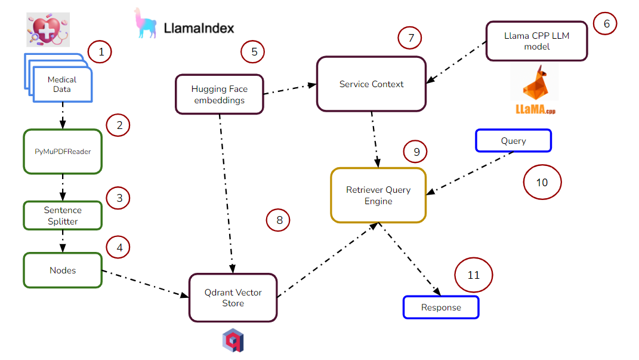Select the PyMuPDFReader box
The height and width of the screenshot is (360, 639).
tap(62, 152)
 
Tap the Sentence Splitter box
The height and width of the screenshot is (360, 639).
tap(62, 216)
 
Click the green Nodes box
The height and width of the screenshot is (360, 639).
tap(62, 270)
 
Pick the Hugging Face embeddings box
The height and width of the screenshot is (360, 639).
tap(219, 94)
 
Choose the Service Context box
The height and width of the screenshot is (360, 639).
tap(371, 84)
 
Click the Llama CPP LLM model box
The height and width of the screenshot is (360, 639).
tap(536, 41)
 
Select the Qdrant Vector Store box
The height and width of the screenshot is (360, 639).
tap(233, 297)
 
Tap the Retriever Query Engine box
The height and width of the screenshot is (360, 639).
tap(378, 195)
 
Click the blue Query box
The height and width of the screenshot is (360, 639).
tap(513, 141)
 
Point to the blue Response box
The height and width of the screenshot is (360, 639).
tap(441, 307)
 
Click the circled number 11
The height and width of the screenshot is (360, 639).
tap(474, 275)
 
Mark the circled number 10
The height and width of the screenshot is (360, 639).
tap(542, 182)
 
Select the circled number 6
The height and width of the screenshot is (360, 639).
tap(606, 24)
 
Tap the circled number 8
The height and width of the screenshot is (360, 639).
tap(278, 220)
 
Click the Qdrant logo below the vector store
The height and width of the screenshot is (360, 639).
tap(233, 340)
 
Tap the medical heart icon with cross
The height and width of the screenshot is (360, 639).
tap(48, 29)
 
